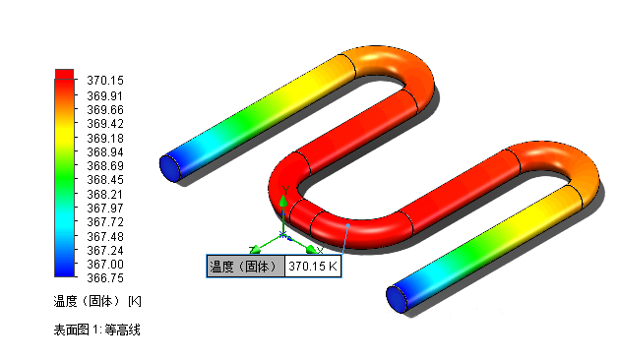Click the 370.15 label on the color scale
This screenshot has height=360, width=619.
coord(105,81)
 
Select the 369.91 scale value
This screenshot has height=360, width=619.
coord(105,96)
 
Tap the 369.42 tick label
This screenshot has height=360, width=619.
coord(105,124)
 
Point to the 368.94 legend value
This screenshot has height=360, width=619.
coord(105,152)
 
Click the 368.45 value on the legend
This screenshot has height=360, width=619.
coord(105,180)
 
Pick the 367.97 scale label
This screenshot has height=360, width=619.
coord(105,208)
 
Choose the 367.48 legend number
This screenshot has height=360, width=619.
coord(105,236)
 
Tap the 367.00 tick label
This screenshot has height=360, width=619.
coord(105,264)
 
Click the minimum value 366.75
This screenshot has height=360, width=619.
coord(105,278)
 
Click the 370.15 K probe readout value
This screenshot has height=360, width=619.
coord(313,267)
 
